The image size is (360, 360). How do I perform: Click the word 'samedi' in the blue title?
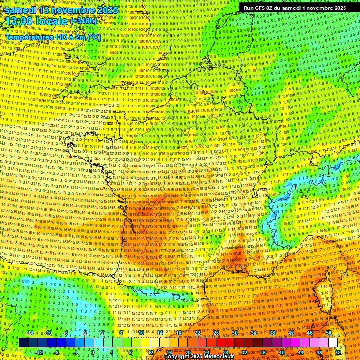[x=21, y=10]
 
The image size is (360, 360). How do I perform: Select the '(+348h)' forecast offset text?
[x=84, y=21]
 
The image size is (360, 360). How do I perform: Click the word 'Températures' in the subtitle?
[x=28, y=37]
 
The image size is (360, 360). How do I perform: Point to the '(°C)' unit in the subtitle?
[x=93, y=37]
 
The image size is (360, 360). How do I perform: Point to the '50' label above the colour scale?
[x=328, y=333]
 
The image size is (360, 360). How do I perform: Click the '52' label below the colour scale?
[x=337, y=352]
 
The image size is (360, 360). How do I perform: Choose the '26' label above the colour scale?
[x=216, y=333]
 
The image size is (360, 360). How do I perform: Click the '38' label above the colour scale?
[x=272, y=333]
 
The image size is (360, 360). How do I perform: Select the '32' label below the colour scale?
[x=244, y=352]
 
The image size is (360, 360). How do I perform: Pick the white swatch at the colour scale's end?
[x=333, y=343]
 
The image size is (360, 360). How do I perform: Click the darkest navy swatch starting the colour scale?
[x=24, y=343]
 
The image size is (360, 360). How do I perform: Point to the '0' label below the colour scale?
[x=93, y=352]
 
